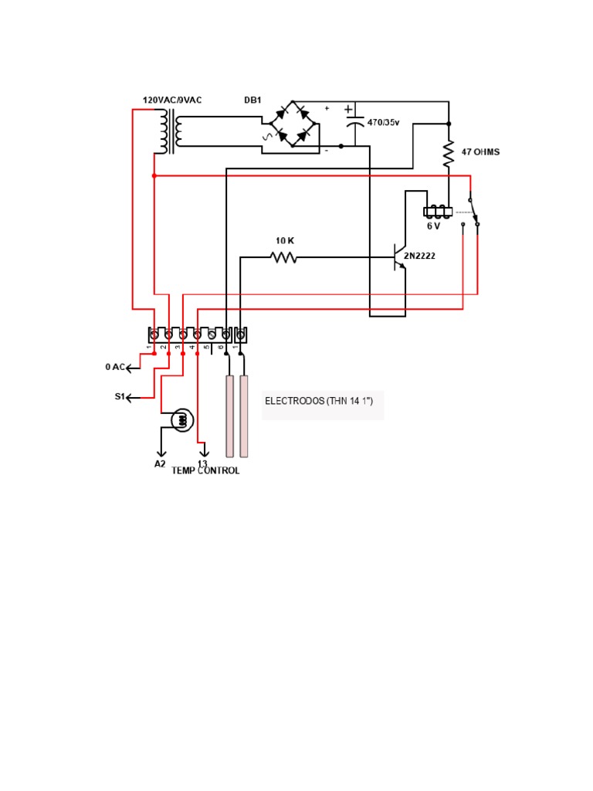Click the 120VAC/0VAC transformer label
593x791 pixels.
[x=172, y=100]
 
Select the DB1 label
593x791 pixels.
[x=252, y=100]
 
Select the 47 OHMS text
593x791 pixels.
[x=480, y=152]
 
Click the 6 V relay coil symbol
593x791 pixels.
[x=439, y=211]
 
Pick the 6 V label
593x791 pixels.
[x=434, y=226]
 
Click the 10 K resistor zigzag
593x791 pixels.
[x=284, y=256]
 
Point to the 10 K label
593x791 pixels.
[x=285, y=241]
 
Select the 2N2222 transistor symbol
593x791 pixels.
[x=398, y=256]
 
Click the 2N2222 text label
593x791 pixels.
[x=419, y=255]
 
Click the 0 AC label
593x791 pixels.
[x=114, y=367]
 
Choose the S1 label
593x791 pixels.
[x=120, y=396]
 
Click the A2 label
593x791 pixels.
[x=160, y=463]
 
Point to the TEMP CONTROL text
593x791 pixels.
[x=205, y=470]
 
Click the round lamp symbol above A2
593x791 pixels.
[x=182, y=420]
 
